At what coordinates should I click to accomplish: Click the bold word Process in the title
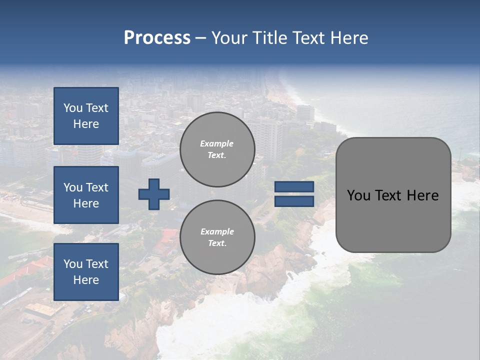pos(157,38)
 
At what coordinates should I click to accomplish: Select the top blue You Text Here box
pos(86,116)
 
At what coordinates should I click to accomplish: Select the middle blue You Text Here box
pos(86,195)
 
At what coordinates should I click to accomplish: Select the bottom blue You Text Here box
pos(86,272)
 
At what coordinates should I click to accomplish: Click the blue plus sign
pos(154,194)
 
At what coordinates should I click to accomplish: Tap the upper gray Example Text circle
pos(217,149)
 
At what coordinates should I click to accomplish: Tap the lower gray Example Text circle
pos(217,237)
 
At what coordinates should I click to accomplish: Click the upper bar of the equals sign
pos(294,187)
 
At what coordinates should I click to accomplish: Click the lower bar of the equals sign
pos(294,201)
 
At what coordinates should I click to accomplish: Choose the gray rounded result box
pos(393,220)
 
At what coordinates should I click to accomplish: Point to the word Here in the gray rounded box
pos(422,195)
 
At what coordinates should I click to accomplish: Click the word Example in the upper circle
pos(217,143)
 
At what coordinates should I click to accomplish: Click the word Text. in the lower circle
pos(217,243)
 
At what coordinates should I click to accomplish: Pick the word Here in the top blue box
pos(86,124)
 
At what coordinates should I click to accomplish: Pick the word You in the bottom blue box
pos(72,264)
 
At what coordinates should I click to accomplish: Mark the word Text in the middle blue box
pos(96,187)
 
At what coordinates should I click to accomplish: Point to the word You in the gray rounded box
pos(358,195)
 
